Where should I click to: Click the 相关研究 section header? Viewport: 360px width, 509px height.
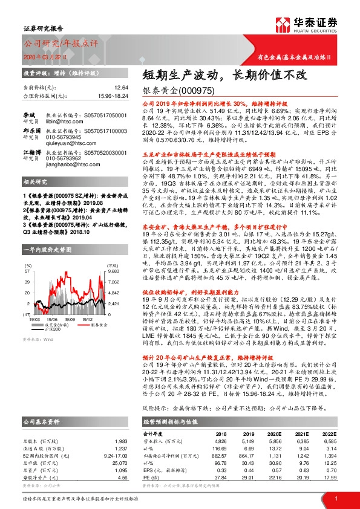point(35,199)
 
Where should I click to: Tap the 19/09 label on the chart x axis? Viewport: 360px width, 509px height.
point(70,319)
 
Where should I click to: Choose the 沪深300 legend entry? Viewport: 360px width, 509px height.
point(51,329)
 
